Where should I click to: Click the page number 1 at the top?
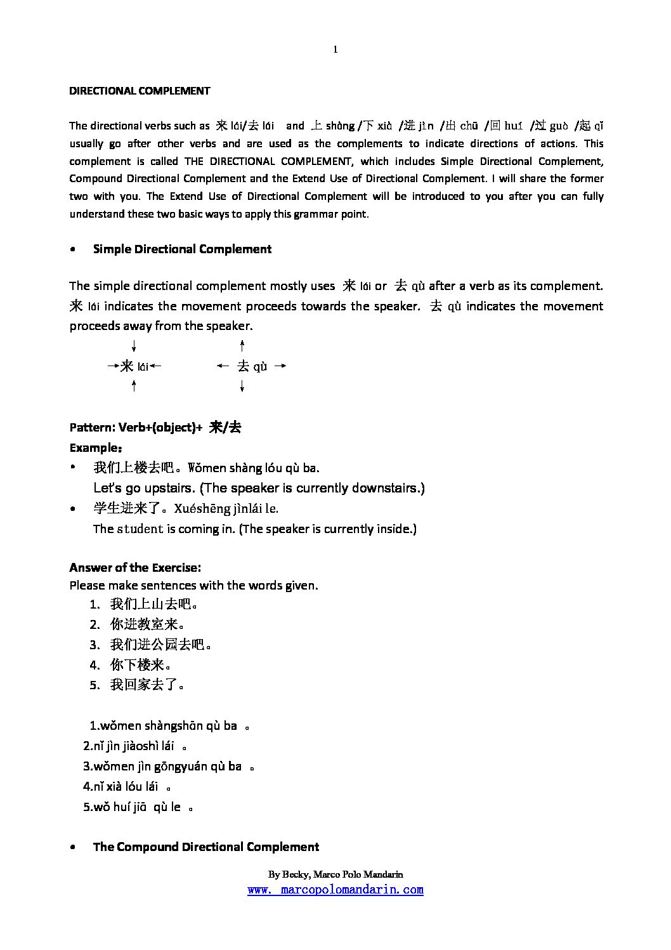335,50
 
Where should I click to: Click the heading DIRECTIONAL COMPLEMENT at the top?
140,91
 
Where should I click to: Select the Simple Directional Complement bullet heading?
182,249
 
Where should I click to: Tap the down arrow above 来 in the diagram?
134,346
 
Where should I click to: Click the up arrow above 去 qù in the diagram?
242,346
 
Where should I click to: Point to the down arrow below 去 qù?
242,385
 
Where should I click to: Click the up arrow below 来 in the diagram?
134,385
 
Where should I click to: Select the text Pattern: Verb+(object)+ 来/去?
155,428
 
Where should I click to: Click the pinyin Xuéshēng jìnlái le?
226,508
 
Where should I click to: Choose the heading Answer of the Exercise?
135,567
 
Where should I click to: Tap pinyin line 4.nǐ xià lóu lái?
121,787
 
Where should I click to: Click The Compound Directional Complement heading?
206,847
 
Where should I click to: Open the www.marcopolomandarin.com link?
335,890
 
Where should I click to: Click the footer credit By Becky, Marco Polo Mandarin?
335,874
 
